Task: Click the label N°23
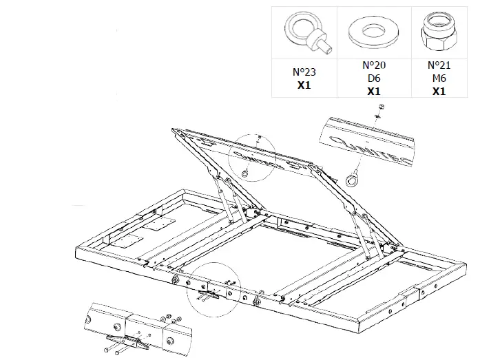tap(304, 71)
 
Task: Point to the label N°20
tap(373, 65)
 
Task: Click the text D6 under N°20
tap(373, 78)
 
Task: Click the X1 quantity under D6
tap(373, 91)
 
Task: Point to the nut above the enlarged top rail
tap(382, 107)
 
